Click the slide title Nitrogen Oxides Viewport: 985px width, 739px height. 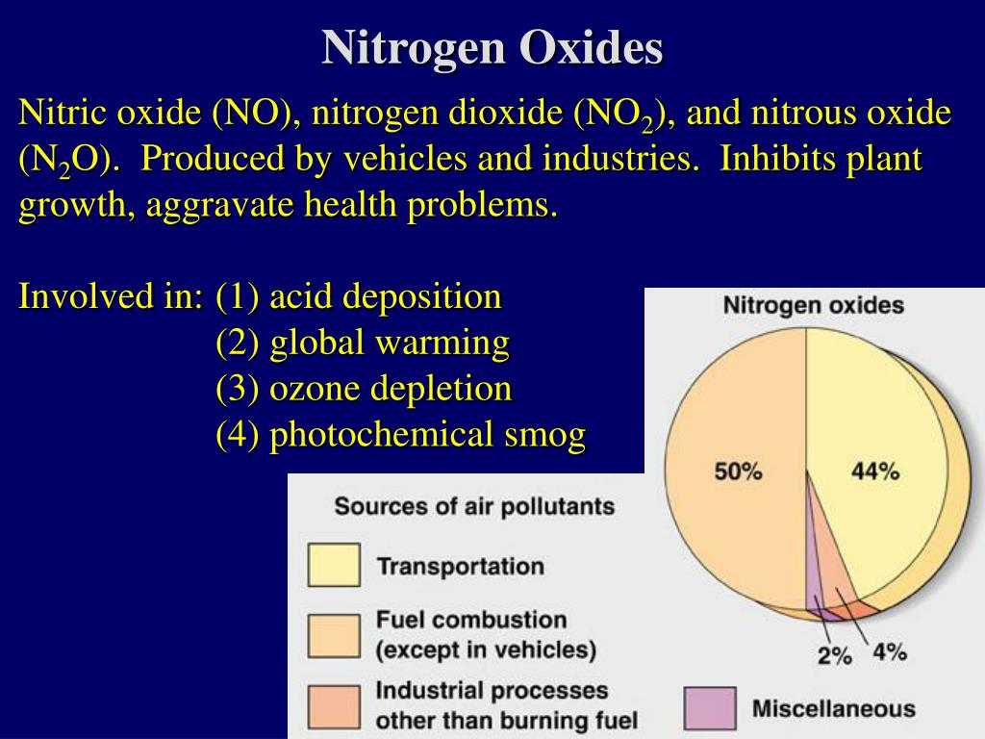pyautogui.click(x=492, y=47)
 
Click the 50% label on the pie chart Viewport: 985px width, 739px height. pyautogui.click(x=738, y=471)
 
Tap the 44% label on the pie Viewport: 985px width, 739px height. pyautogui.click(x=874, y=471)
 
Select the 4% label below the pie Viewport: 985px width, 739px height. pyautogui.click(x=890, y=651)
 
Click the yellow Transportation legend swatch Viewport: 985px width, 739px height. pyautogui.click(x=334, y=566)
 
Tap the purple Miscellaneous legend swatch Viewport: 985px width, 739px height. pyautogui.click(x=710, y=709)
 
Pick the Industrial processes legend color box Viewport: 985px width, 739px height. pyautogui.click(x=334, y=705)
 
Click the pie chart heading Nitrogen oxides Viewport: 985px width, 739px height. pyautogui.click(x=813, y=306)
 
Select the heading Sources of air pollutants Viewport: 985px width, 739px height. pyautogui.click(x=474, y=506)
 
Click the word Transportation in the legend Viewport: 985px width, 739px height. pyautogui.click(x=460, y=566)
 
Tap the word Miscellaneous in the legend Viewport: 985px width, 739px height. pyautogui.click(x=833, y=709)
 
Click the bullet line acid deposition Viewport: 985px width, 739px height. pyautogui.click(x=358, y=296)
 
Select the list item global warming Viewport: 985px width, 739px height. pyautogui.click(x=362, y=343)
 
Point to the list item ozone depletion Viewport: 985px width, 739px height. pyautogui.click(x=364, y=389)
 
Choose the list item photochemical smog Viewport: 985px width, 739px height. pyautogui.click(x=400, y=435)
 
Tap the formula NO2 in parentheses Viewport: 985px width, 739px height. pyautogui.click(x=617, y=115)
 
